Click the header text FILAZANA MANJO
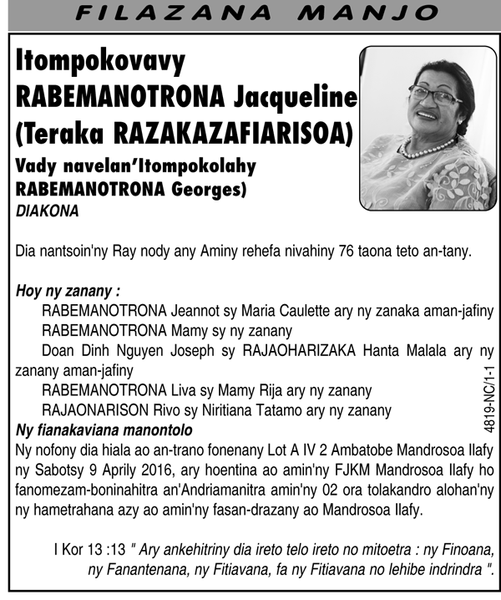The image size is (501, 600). pyautogui.click(x=250, y=13)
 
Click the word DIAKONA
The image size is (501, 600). pyautogui.click(x=48, y=212)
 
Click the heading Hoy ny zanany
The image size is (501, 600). pyautogui.click(x=68, y=292)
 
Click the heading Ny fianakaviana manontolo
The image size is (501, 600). pyautogui.click(x=104, y=430)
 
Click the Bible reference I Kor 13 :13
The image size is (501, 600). pyautogui.click(x=89, y=551)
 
